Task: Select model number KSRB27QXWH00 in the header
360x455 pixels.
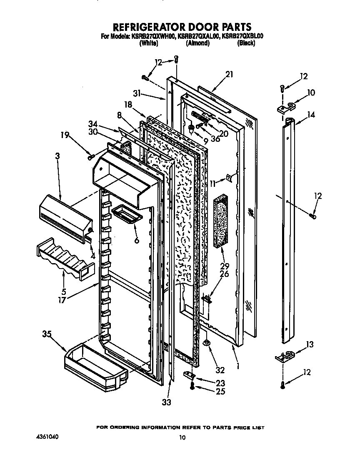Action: [x=153, y=37]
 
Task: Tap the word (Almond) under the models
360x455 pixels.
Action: [x=197, y=43]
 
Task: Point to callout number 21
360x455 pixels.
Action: [x=229, y=75]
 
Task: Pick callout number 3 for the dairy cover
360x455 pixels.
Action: [x=57, y=156]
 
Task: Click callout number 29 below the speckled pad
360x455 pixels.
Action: [x=225, y=266]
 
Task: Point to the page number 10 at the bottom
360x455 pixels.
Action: [x=182, y=437]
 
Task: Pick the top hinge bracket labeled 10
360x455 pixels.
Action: [x=285, y=107]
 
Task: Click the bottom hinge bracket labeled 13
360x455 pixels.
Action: [x=285, y=356]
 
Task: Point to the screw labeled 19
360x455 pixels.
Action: [x=90, y=157]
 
